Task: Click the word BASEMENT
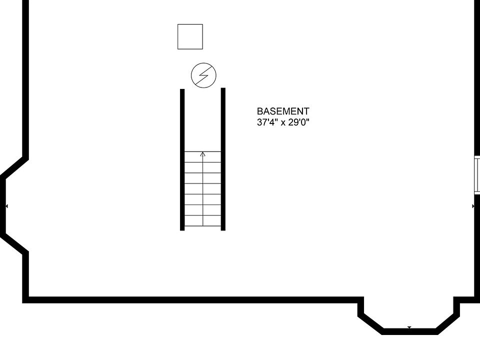coord(283,111)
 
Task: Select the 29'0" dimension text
coord(299,122)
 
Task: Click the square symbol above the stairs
coord(190,36)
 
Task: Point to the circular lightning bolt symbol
coord(203,75)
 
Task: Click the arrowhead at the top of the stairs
coord(202,154)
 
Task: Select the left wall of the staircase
coord(182,159)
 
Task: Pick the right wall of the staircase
coord(223,159)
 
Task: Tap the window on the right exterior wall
coord(477,175)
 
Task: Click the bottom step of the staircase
coord(202,220)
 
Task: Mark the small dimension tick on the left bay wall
coord(6,206)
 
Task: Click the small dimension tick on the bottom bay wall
coord(409,328)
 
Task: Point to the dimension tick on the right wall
coord(473,206)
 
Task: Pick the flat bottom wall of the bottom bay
coord(409,331)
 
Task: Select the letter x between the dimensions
coord(283,123)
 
